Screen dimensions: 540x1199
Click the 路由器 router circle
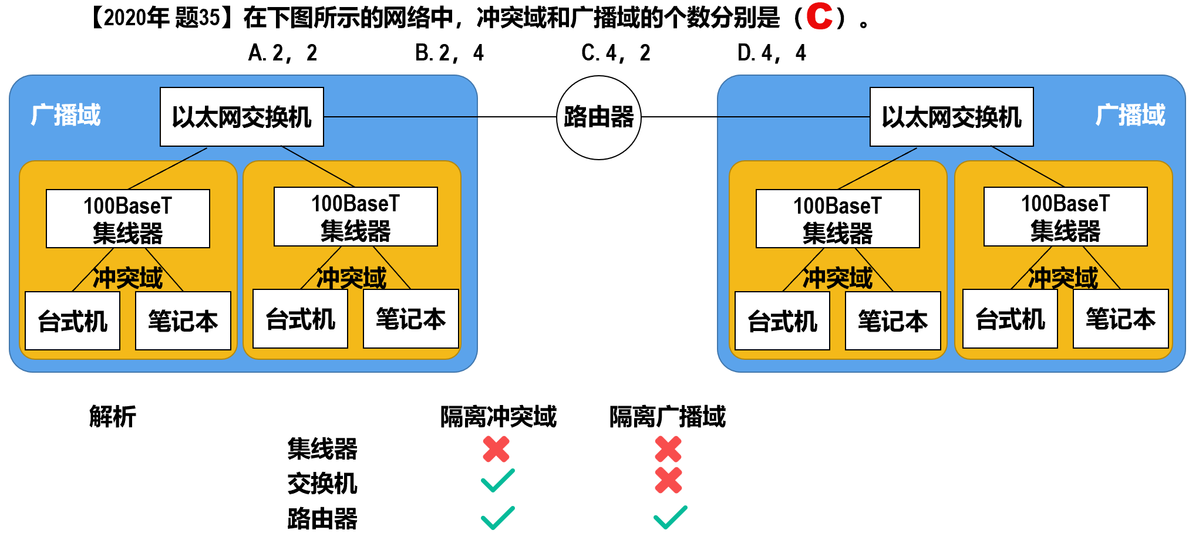tap(598, 117)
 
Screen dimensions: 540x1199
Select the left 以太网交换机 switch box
tap(241, 117)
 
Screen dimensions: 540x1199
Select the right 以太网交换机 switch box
tap(951, 117)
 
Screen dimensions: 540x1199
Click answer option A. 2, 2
tap(282, 53)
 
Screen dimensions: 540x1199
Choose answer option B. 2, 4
tap(449, 53)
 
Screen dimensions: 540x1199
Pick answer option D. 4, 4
tap(772, 53)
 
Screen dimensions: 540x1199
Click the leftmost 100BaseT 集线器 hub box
tap(127, 218)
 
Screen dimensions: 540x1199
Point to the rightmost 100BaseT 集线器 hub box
tap(1065, 217)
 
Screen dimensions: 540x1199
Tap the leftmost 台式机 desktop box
tap(72, 320)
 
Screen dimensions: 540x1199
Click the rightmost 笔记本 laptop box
tap(1120, 319)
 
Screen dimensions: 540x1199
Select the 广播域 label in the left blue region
tap(66, 114)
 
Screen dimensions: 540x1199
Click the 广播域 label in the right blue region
tap(1130, 114)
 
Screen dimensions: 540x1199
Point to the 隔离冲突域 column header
tap(498, 417)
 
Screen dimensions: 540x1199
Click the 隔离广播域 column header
tap(667, 417)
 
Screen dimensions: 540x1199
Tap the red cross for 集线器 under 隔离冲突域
tap(496, 450)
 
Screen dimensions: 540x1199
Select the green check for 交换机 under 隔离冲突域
tap(497, 481)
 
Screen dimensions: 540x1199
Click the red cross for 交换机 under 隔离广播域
tap(668, 481)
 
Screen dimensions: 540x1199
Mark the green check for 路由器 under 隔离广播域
tap(670, 517)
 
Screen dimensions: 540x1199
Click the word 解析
tap(112, 417)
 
